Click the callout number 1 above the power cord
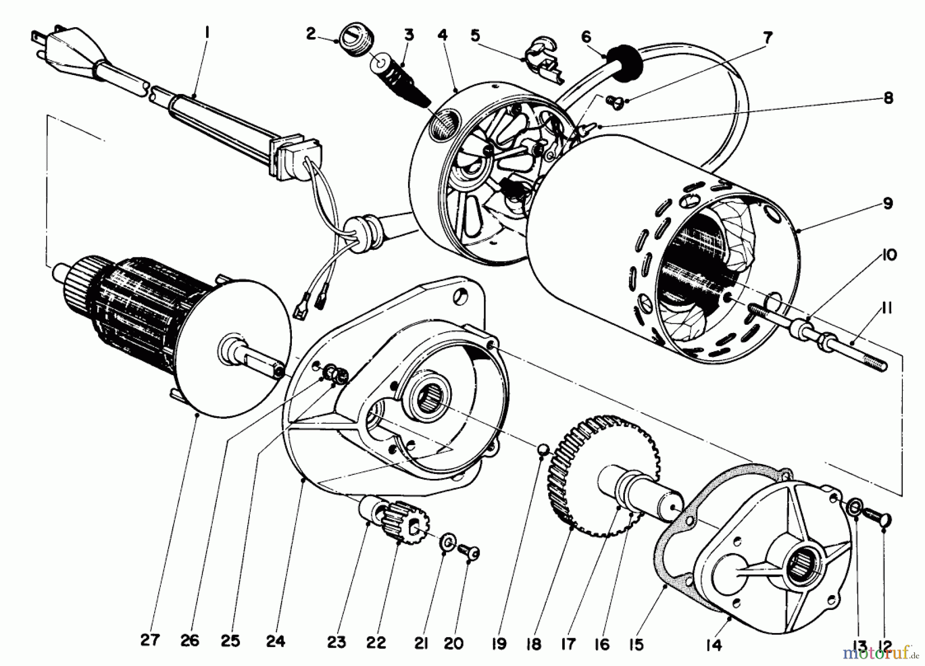click(x=207, y=33)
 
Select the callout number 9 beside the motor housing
click(x=888, y=203)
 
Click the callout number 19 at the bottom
click(x=499, y=643)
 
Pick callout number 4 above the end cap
click(x=442, y=35)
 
